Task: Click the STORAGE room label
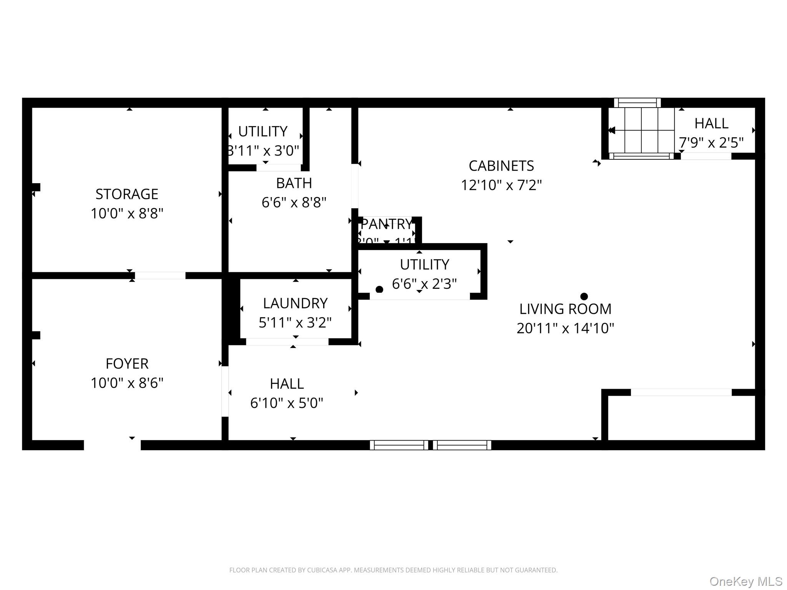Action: pos(127,194)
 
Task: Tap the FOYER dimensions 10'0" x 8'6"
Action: pos(127,383)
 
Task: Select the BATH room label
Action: pos(294,183)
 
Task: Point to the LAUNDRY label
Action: pos(295,303)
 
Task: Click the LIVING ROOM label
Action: pos(565,309)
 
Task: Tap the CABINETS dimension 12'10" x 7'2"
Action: pos(501,185)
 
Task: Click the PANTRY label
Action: pos(386,224)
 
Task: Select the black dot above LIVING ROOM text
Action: pos(584,296)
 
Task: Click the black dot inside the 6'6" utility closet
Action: pos(379,289)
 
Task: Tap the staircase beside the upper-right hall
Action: pos(641,130)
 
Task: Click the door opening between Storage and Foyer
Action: pos(160,275)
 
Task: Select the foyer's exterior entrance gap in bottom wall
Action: pos(112,445)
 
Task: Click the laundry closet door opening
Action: pos(287,341)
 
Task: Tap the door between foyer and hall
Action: pos(225,391)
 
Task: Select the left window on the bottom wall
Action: pos(399,445)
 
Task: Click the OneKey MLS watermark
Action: pos(745,581)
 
